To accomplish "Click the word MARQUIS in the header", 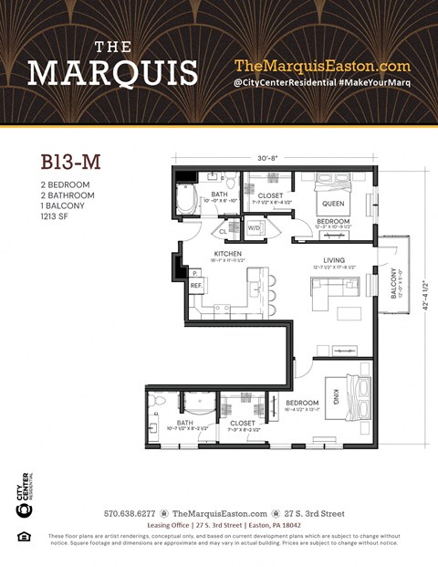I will pyautogui.click(x=112, y=72).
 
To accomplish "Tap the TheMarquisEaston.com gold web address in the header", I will pyautogui.click(x=322, y=66).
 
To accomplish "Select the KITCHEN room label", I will pyautogui.click(x=226, y=253).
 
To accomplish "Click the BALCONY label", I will pyautogui.click(x=394, y=283).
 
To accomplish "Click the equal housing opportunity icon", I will pyautogui.click(x=25, y=536).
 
